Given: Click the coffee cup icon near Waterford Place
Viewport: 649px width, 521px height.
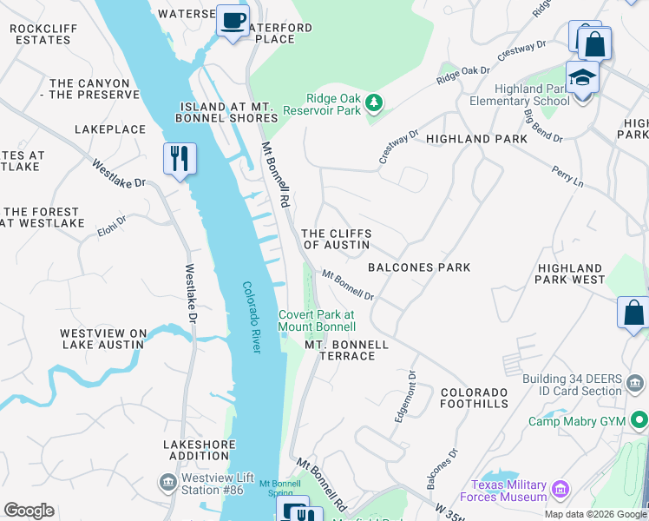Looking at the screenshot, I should click(232, 22).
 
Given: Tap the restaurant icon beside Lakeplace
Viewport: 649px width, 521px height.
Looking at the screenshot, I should click(180, 159).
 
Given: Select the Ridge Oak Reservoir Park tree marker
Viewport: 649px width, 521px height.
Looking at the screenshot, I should click(374, 104).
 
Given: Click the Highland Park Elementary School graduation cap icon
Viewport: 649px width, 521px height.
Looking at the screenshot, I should click(582, 78).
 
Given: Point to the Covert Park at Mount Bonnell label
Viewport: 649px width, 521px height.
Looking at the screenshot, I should click(317, 320).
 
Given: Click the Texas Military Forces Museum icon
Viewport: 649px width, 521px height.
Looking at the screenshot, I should click(560, 491).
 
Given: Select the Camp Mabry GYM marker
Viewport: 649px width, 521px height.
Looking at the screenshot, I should click(639, 421).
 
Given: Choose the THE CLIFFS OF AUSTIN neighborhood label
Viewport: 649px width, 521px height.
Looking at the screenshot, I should click(336, 239).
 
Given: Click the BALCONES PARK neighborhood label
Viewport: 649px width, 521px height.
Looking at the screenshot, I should click(419, 267).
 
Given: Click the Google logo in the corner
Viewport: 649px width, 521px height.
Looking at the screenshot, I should click(29, 511).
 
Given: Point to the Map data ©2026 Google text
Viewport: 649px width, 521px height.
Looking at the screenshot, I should click(595, 514).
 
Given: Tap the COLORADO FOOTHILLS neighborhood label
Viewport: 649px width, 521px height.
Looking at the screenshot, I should click(474, 398).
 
